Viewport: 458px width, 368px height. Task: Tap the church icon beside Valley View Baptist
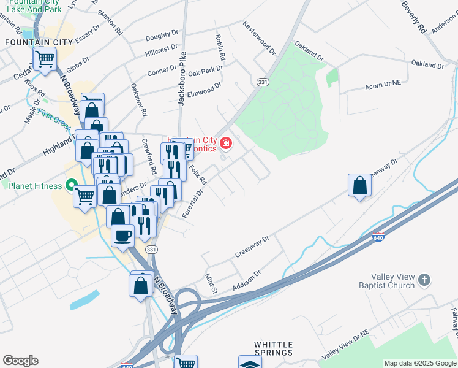425,281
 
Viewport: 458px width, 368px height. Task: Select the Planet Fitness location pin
71,185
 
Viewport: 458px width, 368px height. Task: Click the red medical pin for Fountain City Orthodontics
226,144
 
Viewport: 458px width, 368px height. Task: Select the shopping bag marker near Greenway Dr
359,185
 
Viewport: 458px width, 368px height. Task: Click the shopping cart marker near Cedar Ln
45,60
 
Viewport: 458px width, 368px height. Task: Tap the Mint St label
211,283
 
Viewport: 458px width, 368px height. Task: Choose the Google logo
20,361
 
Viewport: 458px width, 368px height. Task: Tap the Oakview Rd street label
138,101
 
